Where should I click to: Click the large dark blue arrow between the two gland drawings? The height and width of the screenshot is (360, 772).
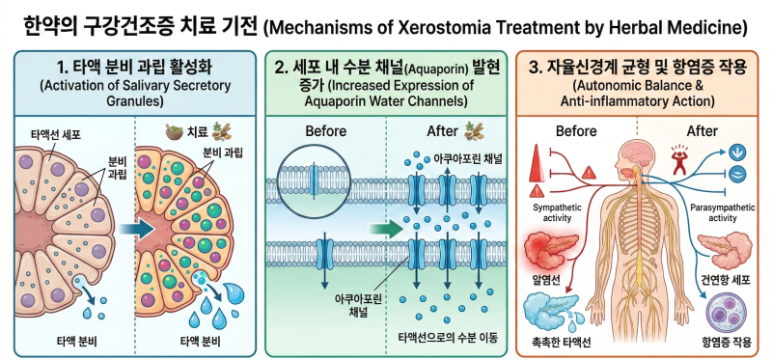pyautogui.click(x=138, y=229)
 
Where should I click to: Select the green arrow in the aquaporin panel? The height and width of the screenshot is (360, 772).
pyautogui.click(x=387, y=229)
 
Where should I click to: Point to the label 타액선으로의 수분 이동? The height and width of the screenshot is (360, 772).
pyautogui.click(x=448, y=339)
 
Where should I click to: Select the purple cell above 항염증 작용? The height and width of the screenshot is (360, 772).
pyautogui.click(x=726, y=313)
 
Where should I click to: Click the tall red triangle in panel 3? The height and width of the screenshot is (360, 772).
pyautogui.click(x=538, y=164)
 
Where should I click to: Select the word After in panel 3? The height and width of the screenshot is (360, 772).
pyautogui.click(x=702, y=131)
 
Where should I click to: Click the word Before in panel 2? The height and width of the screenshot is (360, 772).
pyautogui.click(x=326, y=131)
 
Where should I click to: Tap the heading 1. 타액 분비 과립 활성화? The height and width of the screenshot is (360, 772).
pyautogui.click(x=134, y=67)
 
